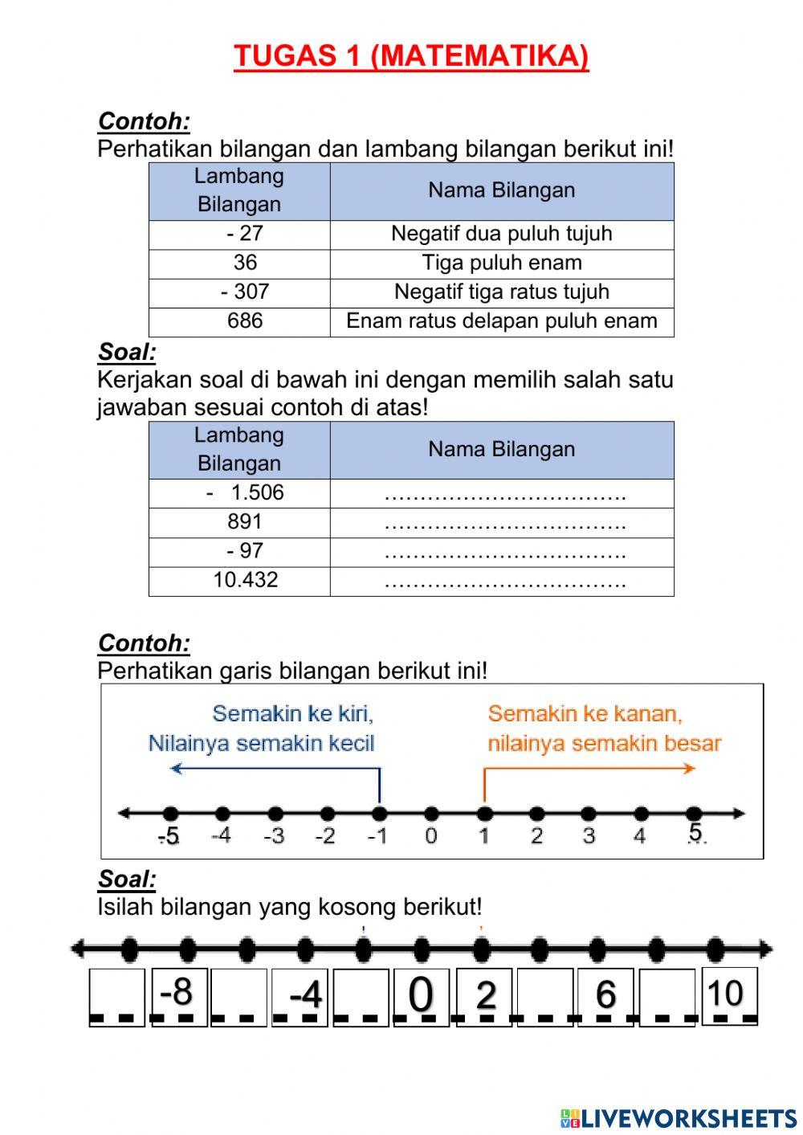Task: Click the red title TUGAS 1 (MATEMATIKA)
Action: pyautogui.click(x=411, y=56)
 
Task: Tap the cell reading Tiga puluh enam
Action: pyautogui.click(x=502, y=263)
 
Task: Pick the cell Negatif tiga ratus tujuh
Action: pyautogui.click(x=502, y=292)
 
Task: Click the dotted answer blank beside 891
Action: pyautogui.click(x=504, y=524)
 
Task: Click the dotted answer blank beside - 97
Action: pyautogui.click(x=504, y=553)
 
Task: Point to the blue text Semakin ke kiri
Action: pyautogui.click(x=292, y=713)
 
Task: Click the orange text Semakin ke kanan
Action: pyautogui.click(x=585, y=713)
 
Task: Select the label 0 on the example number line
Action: pyautogui.click(x=431, y=836)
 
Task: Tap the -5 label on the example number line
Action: pyautogui.click(x=169, y=836)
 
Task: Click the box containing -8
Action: pyautogui.click(x=177, y=994)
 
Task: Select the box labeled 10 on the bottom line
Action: pyautogui.click(x=728, y=994)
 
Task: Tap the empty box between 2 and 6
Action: pyautogui.click(x=545, y=996)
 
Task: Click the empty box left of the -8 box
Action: pyautogui.click(x=116, y=996)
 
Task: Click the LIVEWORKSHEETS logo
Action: pyautogui.click(x=679, y=1118)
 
